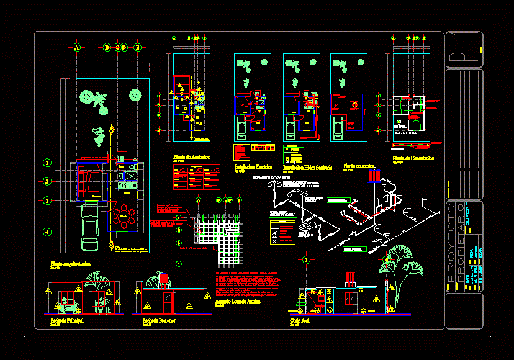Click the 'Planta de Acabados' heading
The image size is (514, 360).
pyautogui.click(x=191, y=157)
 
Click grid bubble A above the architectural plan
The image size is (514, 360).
pyautogui.click(x=76, y=47)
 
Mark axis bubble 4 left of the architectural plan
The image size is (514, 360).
pyautogui.click(x=47, y=232)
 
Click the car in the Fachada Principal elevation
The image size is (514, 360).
pyautogui.click(x=67, y=305)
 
